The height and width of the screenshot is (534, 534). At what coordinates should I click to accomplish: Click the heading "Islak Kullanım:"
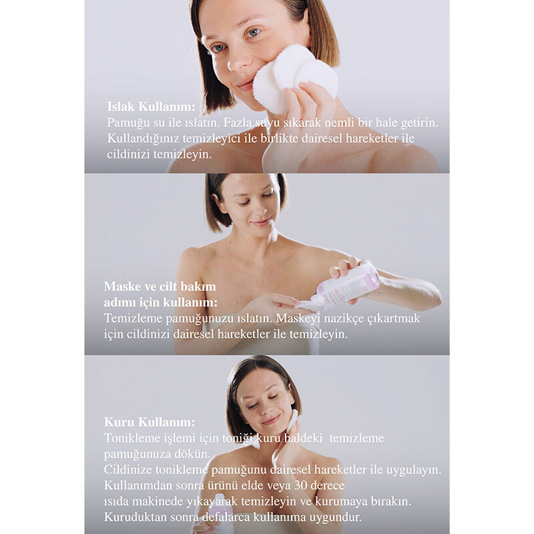(152, 107)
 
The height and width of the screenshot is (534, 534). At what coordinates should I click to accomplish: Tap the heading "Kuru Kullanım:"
(150, 422)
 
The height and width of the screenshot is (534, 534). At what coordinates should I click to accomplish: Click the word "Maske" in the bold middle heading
(121, 286)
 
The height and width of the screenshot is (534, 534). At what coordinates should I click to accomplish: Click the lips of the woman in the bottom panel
(272, 419)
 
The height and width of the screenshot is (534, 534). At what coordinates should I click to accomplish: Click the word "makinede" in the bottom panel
(158, 501)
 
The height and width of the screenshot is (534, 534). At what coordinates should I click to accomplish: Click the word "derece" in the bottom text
(328, 485)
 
